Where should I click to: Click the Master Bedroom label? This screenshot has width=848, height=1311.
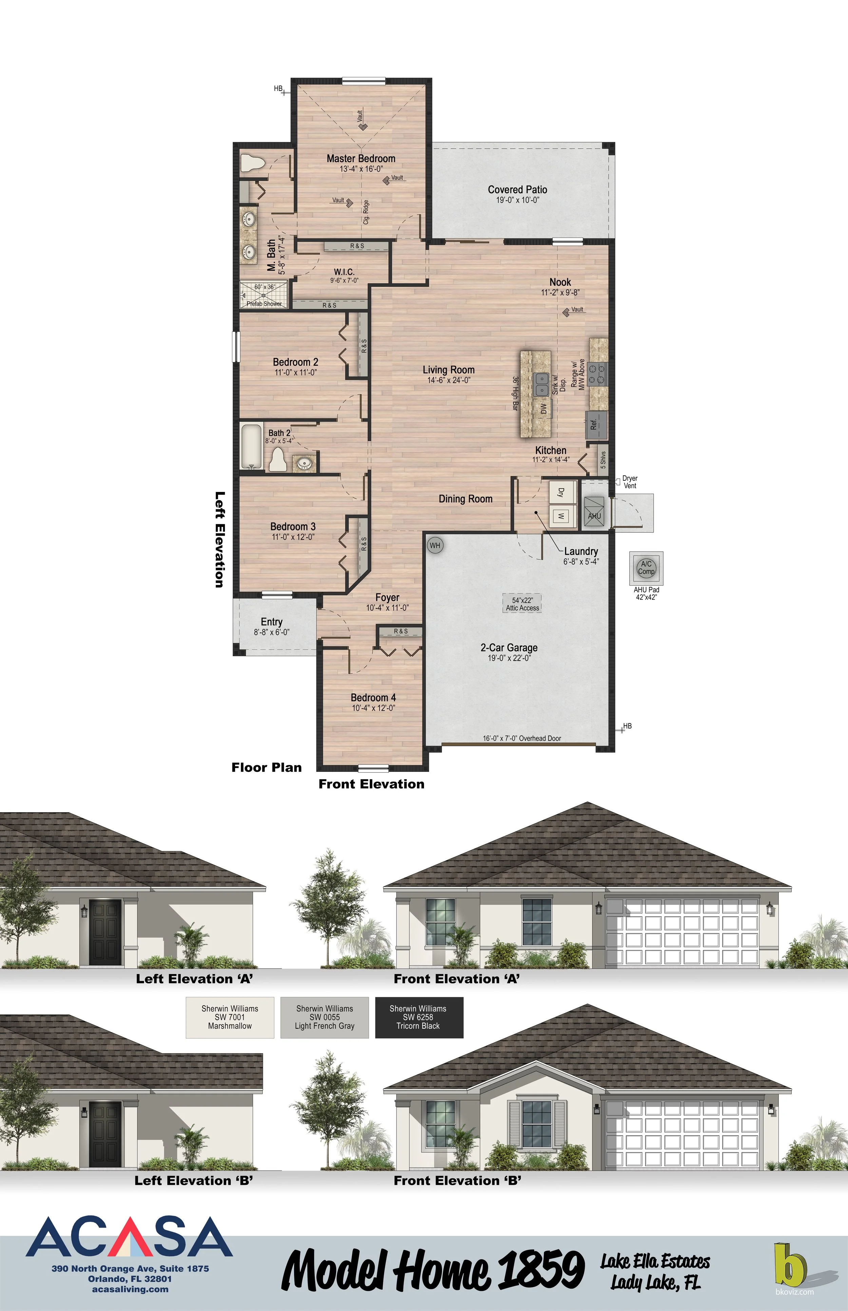pos(361,159)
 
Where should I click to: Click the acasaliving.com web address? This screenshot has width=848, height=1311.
pos(131,1289)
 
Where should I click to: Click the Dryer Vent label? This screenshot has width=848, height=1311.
pos(630,482)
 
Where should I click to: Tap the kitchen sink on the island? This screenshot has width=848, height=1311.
pos(542,384)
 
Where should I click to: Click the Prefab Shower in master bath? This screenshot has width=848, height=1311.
pos(264,295)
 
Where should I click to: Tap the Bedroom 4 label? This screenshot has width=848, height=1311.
pos(373,698)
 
